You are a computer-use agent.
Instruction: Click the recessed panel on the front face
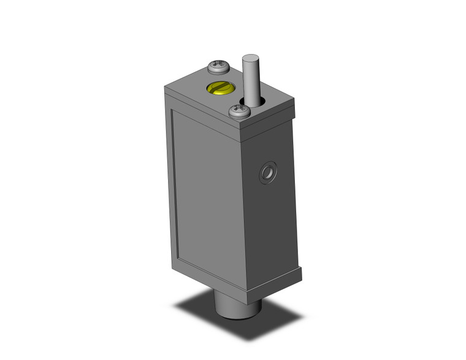pyautogui.click(x=205, y=190)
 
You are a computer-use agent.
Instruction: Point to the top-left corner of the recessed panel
pyautogui.click(x=173, y=111)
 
